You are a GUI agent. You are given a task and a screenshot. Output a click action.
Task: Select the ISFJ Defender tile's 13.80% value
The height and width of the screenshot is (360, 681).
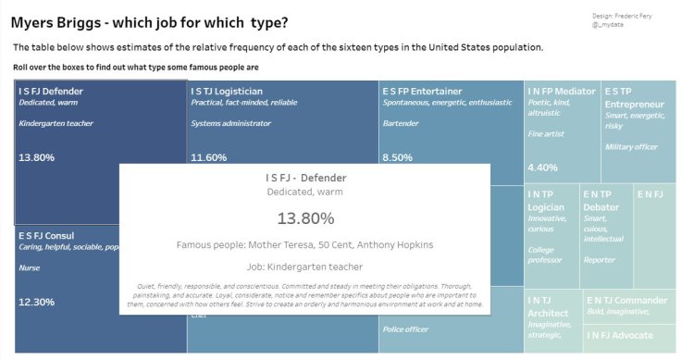pos(37,157)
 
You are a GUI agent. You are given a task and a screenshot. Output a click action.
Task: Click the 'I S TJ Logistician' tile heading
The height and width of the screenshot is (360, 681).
pos(227,91)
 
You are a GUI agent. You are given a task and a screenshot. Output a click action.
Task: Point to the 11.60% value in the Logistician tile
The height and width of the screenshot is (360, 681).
pos(209,157)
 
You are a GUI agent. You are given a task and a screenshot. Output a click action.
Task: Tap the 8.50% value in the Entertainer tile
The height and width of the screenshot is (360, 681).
pos(397,157)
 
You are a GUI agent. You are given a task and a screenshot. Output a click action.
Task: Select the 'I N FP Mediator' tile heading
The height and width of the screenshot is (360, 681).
pos(562,91)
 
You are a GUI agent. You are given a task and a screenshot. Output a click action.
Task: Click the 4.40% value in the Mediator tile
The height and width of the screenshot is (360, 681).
pos(542,168)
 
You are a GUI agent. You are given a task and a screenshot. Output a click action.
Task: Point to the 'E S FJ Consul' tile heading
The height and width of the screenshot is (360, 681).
pos(46,235)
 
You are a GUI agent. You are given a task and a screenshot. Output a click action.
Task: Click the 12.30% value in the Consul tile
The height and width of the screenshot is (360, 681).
pos(37,302)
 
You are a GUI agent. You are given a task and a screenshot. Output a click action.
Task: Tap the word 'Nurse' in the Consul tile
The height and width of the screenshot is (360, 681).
pos(29,267)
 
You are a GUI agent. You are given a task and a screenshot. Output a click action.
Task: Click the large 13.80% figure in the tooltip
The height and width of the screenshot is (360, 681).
pos(305,218)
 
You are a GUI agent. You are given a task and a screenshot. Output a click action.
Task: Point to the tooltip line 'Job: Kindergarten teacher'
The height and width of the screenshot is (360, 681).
pos(304,267)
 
